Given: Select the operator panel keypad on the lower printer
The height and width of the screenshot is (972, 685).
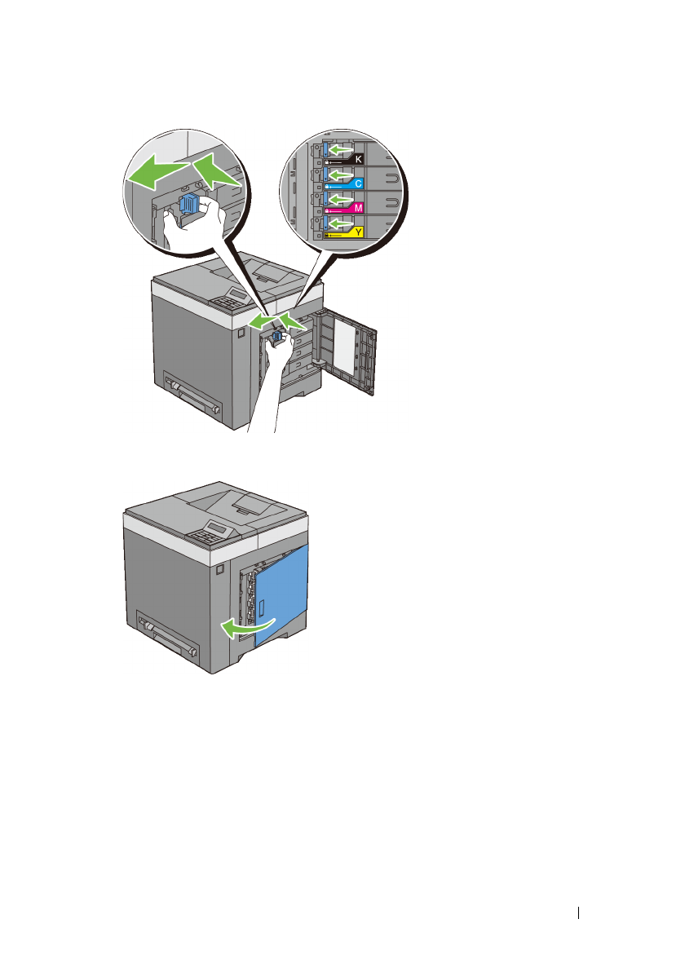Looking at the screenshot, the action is coord(205,535).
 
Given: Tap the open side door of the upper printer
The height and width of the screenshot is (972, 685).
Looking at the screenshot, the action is coord(351,359).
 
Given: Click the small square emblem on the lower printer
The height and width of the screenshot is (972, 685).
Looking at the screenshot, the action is coord(220,565).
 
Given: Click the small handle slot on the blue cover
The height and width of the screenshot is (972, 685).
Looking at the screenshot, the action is coord(263,607).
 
